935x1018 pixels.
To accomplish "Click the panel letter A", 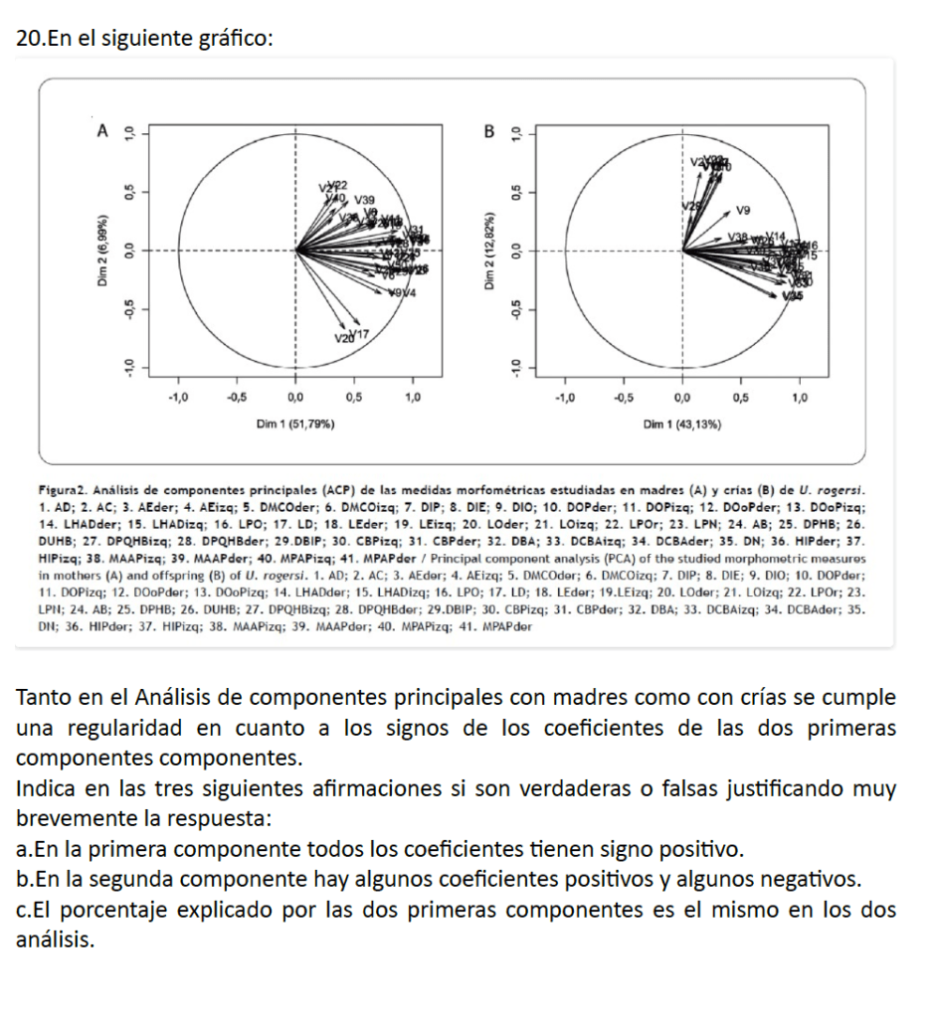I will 99,129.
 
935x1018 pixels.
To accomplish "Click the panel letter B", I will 487,129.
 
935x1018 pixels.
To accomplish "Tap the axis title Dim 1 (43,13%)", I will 681,424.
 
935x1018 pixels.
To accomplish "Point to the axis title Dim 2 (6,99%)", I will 101,251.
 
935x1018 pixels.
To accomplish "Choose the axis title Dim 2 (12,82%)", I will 489,251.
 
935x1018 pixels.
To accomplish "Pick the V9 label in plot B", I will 743,210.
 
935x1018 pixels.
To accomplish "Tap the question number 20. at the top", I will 31,39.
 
